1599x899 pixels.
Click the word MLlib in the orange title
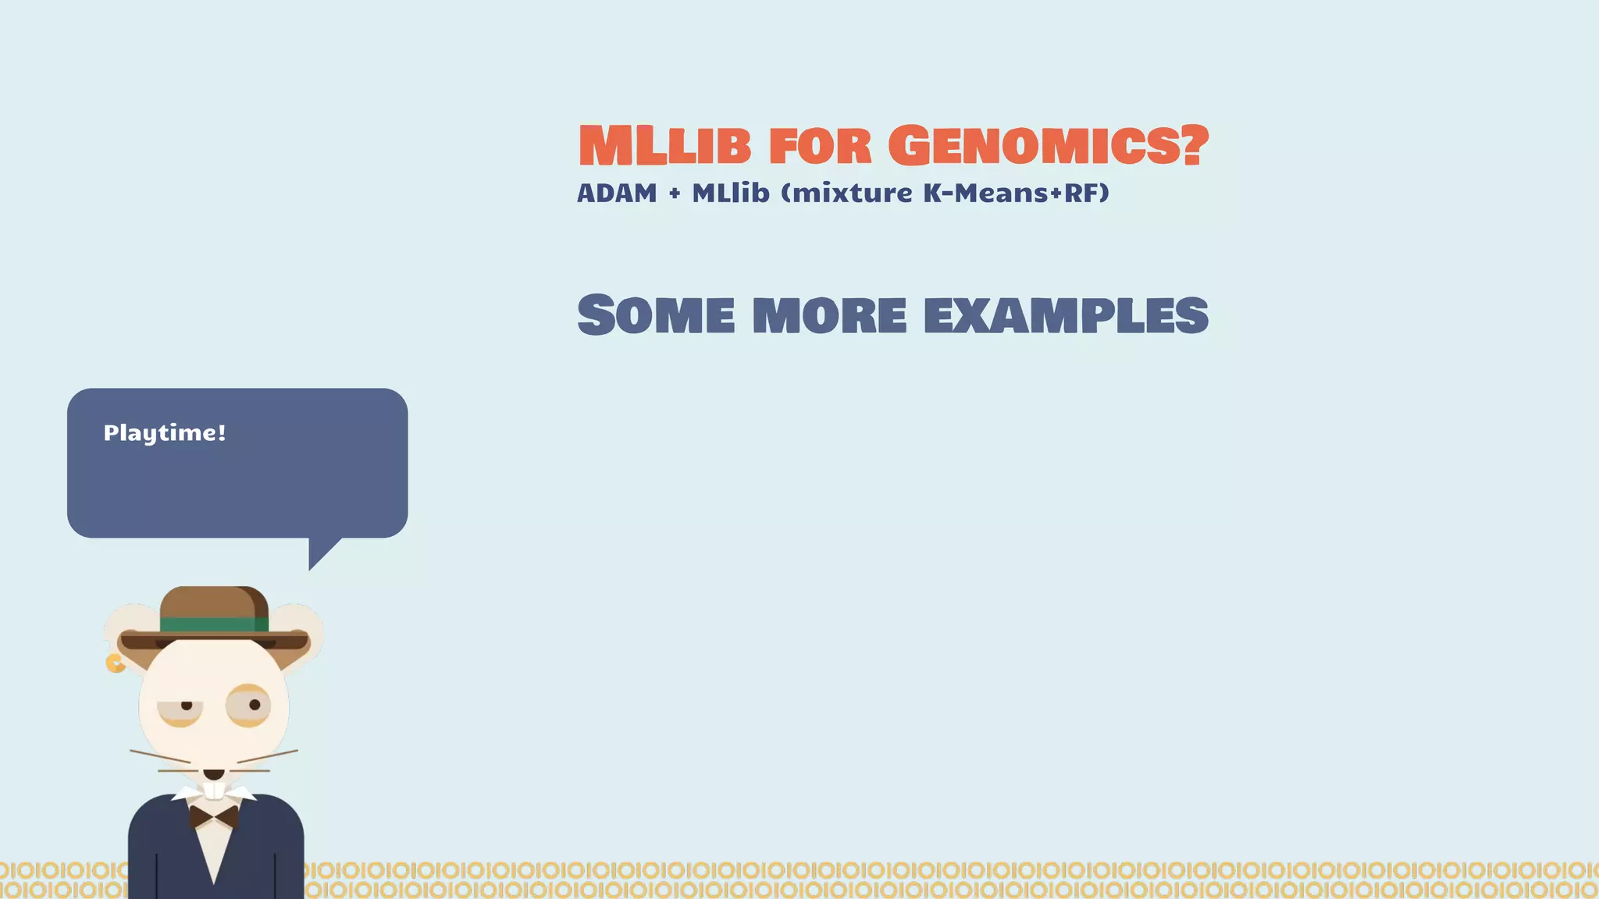coord(664,147)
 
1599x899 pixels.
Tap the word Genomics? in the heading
coord(1048,147)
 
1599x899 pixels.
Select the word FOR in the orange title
coord(819,147)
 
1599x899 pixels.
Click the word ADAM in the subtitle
coord(617,193)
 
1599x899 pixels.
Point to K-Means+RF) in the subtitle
coord(1016,193)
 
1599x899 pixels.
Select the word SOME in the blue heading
coord(656,315)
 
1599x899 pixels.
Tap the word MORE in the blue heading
coord(829,316)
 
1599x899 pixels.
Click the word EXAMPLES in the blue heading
coord(1066,316)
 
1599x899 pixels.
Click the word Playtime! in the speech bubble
coord(165,433)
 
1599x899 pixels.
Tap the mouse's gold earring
coord(115,663)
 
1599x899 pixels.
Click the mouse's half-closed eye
coord(181,709)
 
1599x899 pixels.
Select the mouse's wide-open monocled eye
coord(248,705)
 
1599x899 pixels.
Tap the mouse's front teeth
coord(214,791)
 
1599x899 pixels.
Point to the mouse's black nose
coord(214,773)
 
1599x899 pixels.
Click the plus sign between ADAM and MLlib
coord(675,194)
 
